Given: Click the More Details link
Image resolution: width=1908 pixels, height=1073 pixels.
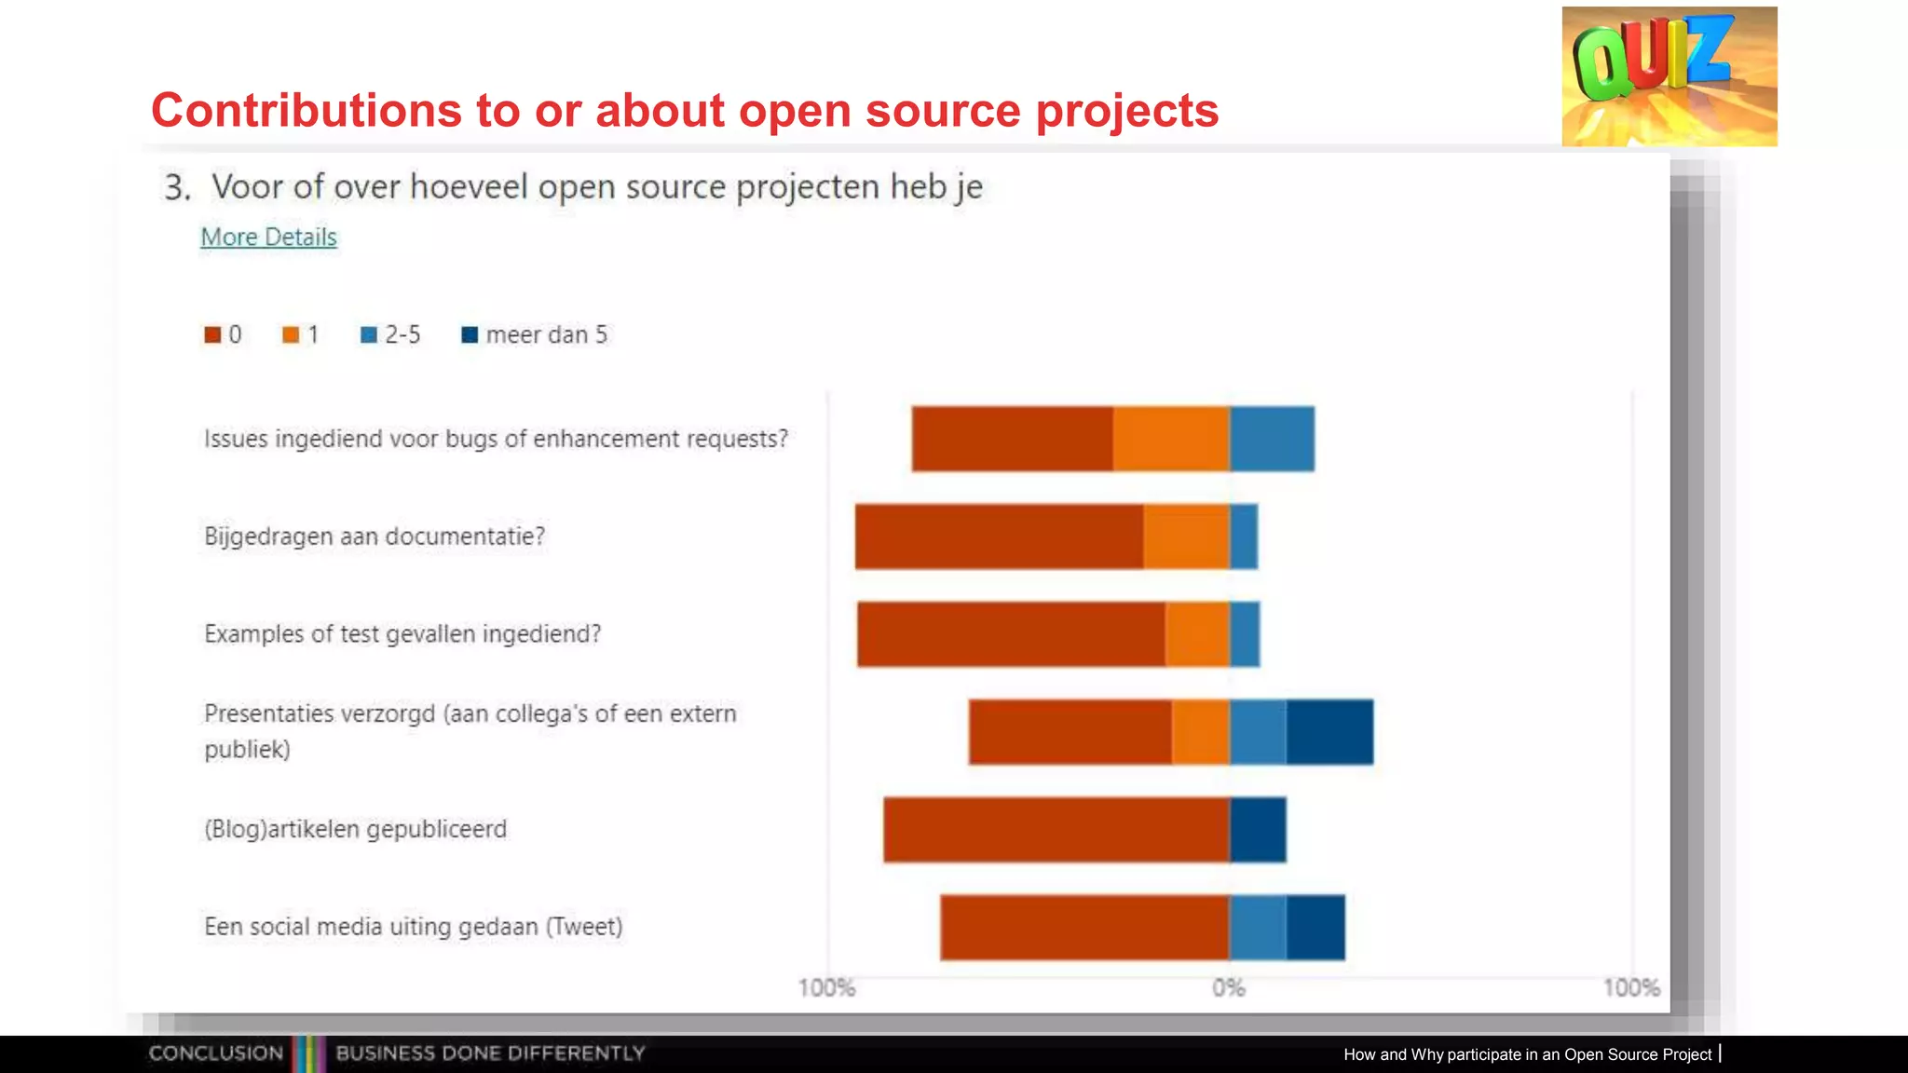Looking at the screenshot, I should pos(268,238).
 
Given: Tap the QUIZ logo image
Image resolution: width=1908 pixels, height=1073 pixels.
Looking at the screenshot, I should pos(1669,76).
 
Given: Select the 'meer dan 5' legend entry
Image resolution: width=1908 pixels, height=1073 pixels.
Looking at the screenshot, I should pos(535,335).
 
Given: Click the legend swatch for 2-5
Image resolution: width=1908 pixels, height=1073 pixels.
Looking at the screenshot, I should pos(369,335).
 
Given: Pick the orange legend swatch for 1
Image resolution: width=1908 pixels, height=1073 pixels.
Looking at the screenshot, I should pos(291,335).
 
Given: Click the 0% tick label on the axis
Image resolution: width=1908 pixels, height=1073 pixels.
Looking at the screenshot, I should pos(1229,988).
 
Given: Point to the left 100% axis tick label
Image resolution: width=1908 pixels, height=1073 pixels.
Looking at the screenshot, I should pos(826,988).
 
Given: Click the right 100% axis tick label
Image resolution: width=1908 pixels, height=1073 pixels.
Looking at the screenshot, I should pos(1631,988).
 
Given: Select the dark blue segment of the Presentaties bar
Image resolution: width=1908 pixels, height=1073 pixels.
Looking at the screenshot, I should pos(1329,732).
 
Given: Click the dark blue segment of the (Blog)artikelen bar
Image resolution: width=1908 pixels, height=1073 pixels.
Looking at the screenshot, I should pos(1258,830).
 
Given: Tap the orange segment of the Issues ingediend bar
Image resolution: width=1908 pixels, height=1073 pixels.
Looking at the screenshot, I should pos(1171,439).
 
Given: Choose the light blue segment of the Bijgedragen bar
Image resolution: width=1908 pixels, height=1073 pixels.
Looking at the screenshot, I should pos(1244,536).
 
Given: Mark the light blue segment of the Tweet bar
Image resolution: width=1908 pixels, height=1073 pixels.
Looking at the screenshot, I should pos(1258,928).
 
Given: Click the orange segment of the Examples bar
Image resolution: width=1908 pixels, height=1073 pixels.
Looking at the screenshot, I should pos(1197,634).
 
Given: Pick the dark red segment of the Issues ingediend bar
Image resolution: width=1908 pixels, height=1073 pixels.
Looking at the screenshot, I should pos(1012,439).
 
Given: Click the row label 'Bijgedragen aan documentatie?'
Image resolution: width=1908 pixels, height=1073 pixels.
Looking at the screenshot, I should pos(375,536).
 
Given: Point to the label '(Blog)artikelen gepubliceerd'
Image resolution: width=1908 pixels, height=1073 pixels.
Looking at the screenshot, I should pos(356,829).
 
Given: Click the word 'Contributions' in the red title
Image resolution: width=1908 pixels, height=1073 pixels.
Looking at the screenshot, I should pos(307,110).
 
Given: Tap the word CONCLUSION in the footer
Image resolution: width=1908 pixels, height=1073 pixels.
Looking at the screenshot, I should pos(216,1053).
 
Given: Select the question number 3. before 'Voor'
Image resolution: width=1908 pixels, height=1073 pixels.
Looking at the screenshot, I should pos(177,188).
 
